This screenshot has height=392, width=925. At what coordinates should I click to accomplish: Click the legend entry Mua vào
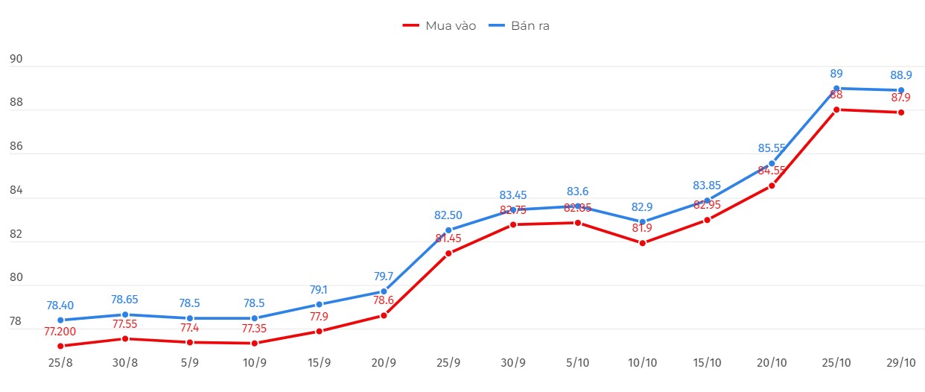coord(439,26)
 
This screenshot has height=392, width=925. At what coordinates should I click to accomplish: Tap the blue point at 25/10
coord(836,89)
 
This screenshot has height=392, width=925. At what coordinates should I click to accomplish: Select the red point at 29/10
coord(901,113)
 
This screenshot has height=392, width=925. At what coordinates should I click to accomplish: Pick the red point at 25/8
coord(60,346)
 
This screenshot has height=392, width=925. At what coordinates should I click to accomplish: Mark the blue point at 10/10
coord(642,222)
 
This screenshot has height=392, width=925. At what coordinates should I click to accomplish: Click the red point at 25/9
coord(448,253)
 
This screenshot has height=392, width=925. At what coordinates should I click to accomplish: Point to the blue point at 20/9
coord(384,291)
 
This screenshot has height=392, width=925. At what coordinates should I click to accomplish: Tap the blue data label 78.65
coord(125,299)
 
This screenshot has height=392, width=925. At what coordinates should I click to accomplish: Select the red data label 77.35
coord(255,327)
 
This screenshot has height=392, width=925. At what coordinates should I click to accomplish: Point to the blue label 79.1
coord(319,289)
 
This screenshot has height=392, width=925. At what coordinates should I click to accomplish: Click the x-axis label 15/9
coord(319,363)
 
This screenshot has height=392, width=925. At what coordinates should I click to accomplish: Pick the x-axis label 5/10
coord(577,363)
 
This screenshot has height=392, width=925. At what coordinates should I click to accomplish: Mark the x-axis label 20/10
coord(772,363)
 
